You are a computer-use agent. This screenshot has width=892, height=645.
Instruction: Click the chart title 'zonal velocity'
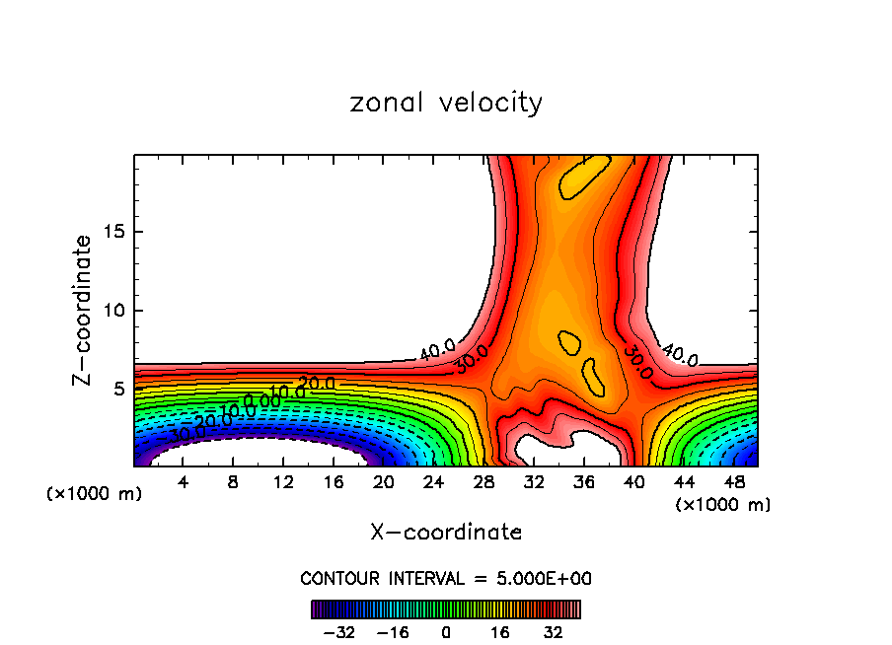click(446, 103)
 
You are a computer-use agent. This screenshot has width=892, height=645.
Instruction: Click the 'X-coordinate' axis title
click(446, 533)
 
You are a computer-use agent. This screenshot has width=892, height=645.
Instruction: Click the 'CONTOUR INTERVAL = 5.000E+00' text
click(446, 579)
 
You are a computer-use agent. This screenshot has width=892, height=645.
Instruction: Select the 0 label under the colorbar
click(446, 632)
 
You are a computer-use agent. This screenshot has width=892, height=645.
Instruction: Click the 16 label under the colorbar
click(501, 632)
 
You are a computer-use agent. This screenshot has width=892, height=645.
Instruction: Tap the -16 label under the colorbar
click(393, 632)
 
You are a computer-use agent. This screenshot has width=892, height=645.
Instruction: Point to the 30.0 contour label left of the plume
click(471, 360)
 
